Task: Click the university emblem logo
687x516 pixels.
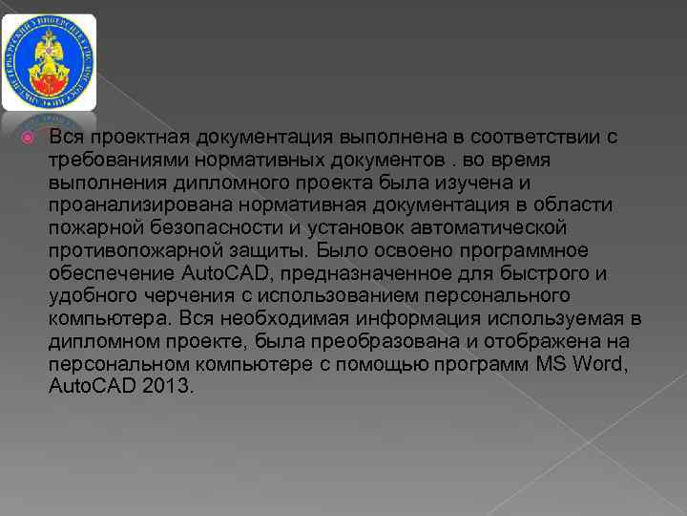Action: pos(49,62)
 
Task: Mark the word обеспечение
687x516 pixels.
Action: pos(110,273)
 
